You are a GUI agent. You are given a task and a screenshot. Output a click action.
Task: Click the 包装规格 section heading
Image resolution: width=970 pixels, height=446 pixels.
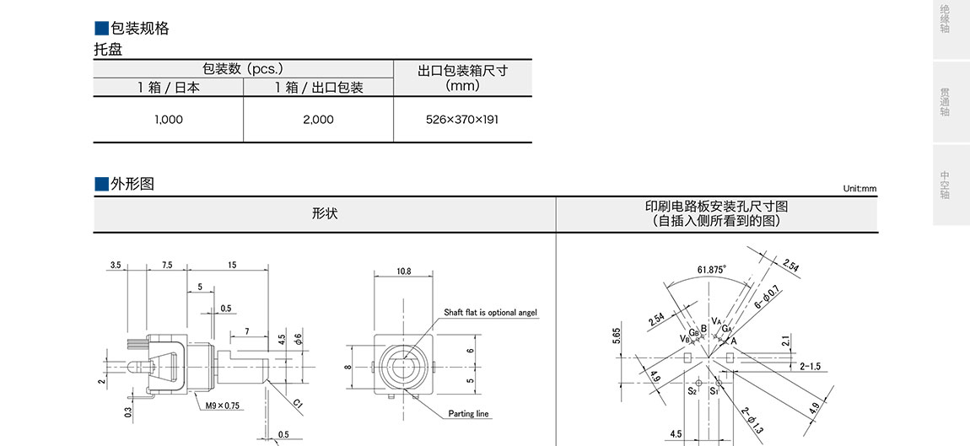[x=139, y=28]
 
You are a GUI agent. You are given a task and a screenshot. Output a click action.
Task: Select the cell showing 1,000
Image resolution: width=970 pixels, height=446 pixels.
[x=169, y=120]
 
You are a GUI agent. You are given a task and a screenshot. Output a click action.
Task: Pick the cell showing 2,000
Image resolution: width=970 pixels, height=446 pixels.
[x=319, y=120]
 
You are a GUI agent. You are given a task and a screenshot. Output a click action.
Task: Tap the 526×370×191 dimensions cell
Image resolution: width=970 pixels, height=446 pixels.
[x=462, y=120]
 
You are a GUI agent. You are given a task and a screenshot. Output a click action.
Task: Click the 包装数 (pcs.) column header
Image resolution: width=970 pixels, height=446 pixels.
[x=243, y=68]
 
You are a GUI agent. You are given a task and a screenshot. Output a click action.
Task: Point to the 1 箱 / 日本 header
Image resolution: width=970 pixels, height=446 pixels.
[x=169, y=87]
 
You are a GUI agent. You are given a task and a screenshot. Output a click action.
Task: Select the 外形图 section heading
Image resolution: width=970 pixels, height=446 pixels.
[x=132, y=184]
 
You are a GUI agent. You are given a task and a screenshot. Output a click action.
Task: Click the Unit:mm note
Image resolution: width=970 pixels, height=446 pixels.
[x=860, y=189]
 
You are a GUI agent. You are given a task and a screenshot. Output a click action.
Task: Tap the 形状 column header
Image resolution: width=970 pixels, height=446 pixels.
[x=324, y=214]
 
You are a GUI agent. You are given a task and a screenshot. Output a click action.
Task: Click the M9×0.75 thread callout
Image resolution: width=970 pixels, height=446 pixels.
[x=222, y=406]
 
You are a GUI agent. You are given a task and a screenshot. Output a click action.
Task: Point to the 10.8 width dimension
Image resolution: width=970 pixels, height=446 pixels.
[x=403, y=271]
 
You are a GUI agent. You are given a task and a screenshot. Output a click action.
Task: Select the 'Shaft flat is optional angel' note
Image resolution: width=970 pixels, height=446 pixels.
[x=491, y=313]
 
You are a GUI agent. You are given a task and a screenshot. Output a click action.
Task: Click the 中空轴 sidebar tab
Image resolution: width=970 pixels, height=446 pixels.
[x=945, y=185]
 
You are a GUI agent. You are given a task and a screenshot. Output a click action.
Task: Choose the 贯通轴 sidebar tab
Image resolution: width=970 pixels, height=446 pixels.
[x=945, y=102]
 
